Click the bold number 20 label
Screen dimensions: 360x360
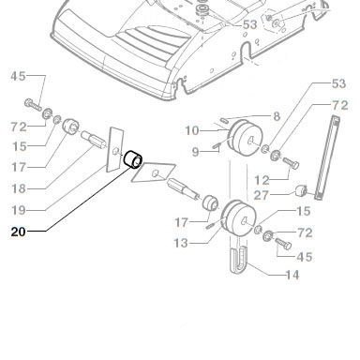(18, 232)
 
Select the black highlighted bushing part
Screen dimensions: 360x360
(133, 159)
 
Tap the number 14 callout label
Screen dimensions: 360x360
(292, 275)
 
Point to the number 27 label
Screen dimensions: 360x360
(261, 195)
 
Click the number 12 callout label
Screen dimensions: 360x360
(262, 180)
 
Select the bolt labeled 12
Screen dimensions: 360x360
(291, 163)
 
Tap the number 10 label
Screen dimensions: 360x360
(192, 130)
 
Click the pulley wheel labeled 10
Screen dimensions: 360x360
(245, 137)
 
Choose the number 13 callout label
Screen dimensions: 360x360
(181, 243)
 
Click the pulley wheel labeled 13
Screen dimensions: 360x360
(238, 217)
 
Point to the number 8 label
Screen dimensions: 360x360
(277, 116)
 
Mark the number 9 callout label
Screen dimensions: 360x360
(195, 152)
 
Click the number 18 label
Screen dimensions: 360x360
(19, 188)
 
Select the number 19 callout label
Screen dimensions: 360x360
(19, 210)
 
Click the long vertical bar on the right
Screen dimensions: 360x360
(327, 157)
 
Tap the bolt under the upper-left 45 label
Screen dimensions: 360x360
(33, 104)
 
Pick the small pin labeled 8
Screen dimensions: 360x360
(224, 120)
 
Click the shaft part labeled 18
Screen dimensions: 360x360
(94, 140)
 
